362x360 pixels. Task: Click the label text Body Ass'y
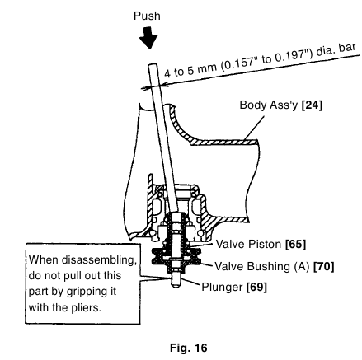(269, 105)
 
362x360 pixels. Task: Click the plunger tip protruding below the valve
(176, 284)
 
